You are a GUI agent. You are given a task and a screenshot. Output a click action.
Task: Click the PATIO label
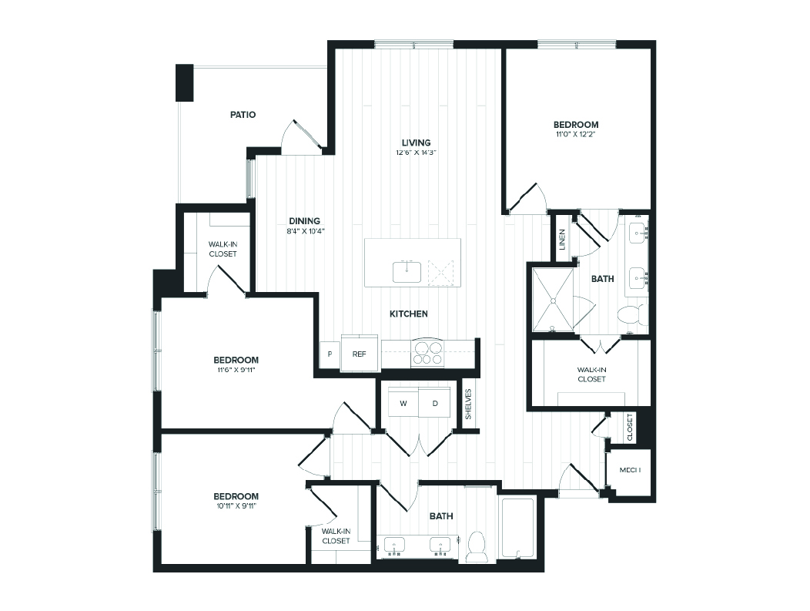(243, 115)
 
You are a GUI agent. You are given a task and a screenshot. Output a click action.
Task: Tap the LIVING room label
(416, 143)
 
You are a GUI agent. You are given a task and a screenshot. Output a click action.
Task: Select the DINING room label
(305, 220)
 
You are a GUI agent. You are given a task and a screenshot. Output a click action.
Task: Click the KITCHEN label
(408, 314)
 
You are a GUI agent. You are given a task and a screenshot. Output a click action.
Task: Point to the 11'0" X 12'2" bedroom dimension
(575, 134)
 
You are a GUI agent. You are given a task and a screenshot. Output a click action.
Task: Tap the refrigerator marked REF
(359, 354)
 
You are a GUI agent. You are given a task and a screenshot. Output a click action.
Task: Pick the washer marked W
(403, 403)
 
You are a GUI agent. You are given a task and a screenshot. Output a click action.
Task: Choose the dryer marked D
(434, 403)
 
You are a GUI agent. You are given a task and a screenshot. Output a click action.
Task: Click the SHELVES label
(467, 403)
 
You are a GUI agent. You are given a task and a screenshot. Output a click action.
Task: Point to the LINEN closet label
(563, 240)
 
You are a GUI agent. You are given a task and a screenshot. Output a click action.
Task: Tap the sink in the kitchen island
(407, 272)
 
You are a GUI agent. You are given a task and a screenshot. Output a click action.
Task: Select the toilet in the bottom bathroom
(477, 546)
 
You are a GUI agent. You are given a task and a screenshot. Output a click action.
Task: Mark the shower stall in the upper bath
(552, 300)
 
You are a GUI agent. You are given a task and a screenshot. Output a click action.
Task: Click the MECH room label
(630, 470)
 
